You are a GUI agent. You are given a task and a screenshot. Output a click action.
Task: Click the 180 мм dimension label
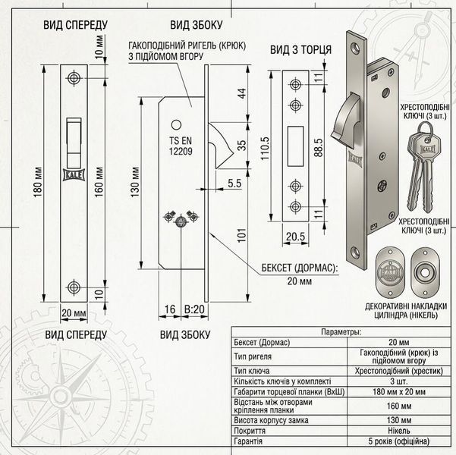click(x=38, y=182)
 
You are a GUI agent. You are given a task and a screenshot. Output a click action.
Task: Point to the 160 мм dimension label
click(x=99, y=182)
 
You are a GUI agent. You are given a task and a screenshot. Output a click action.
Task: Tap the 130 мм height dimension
click(x=135, y=182)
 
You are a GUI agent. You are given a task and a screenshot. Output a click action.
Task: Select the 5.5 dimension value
click(x=234, y=184)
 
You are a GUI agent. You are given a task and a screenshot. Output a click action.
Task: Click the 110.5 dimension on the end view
click(x=265, y=149)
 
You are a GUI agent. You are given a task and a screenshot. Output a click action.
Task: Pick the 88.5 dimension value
click(x=319, y=148)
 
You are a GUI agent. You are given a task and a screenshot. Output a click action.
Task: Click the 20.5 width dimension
click(x=295, y=237)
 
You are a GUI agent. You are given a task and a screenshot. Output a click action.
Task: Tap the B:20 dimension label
click(x=194, y=309)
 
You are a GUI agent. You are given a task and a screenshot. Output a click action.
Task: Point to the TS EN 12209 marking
click(x=181, y=146)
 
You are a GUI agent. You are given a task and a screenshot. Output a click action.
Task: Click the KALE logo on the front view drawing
click(x=74, y=174)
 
